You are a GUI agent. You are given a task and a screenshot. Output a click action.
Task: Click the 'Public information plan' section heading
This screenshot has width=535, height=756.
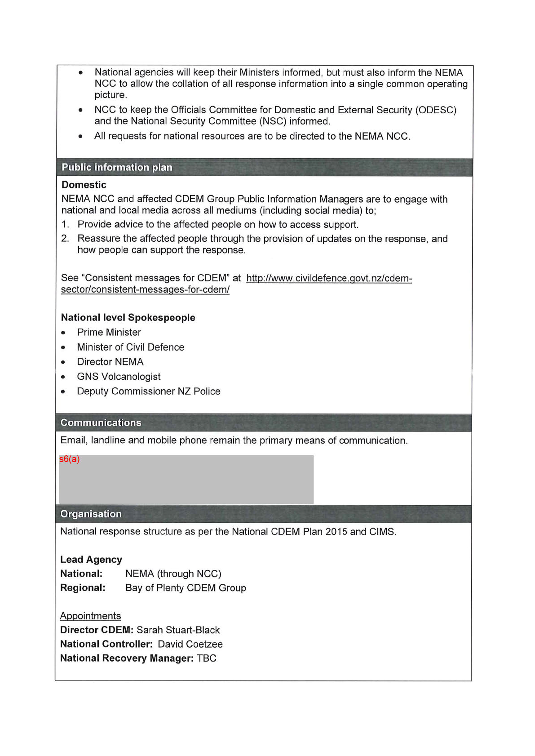click(117, 167)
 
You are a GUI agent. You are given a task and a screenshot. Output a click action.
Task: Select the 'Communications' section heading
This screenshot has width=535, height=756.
click(101, 422)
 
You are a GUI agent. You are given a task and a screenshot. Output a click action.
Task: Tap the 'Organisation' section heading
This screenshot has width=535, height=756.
click(91, 514)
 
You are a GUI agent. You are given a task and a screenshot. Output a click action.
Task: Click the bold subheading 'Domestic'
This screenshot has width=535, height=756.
click(84, 185)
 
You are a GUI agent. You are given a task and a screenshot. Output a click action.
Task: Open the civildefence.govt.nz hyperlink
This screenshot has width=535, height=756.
click(329, 278)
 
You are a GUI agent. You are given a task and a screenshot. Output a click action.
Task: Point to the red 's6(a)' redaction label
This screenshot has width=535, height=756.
click(69, 459)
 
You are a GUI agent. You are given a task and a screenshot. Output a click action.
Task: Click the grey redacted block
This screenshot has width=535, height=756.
click(186, 480)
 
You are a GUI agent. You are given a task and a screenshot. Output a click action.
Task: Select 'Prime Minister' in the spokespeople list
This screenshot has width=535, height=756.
click(109, 332)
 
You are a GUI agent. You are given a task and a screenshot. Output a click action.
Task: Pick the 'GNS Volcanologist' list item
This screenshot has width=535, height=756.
click(119, 377)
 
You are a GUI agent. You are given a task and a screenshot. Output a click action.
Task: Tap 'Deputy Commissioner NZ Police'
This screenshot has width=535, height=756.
click(149, 391)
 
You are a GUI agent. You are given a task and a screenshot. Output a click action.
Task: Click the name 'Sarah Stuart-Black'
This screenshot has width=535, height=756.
click(178, 630)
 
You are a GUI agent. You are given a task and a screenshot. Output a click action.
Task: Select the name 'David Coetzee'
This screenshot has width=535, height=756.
click(190, 644)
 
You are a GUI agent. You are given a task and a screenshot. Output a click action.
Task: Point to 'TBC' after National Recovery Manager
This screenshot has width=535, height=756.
click(207, 658)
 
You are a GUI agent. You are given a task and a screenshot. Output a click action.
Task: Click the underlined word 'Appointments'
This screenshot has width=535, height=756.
click(90, 616)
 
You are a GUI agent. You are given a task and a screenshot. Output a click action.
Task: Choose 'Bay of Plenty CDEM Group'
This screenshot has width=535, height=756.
click(186, 588)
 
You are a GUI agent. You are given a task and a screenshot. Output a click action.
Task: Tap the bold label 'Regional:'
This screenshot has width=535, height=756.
click(83, 588)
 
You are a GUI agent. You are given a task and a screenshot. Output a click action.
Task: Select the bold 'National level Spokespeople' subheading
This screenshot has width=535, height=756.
click(128, 317)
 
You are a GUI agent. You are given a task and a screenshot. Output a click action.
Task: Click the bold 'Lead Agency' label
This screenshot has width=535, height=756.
click(91, 560)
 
